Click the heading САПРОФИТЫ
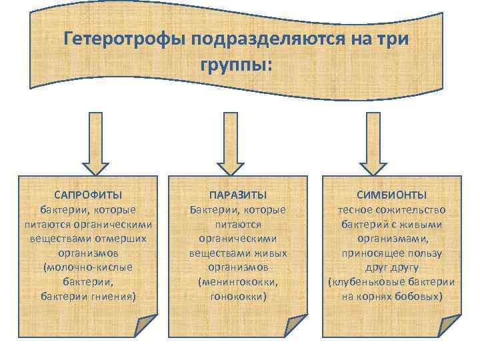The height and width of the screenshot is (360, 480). click(x=88, y=195)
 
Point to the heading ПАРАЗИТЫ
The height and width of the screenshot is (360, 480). click(x=238, y=195)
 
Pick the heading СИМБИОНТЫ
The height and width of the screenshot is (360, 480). click(x=391, y=195)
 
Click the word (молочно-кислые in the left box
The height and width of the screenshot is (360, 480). click(x=88, y=267)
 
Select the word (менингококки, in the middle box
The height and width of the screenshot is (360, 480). click(x=238, y=281)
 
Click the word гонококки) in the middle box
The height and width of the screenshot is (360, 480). click(x=238, y=295)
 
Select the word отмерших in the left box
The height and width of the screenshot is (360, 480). click(x=124, y=238)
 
